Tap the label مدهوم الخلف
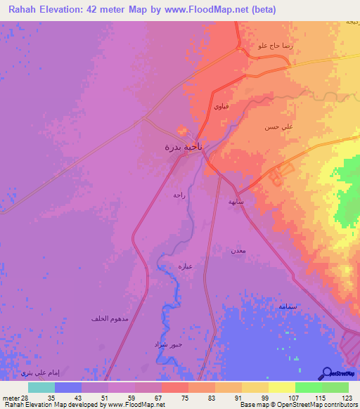[x=109, y=319]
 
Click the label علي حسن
[x=274, y=127]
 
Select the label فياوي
[x=220, y=106]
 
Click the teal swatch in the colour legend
[x=41, y=387]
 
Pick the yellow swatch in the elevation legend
[x=281, y=387]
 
